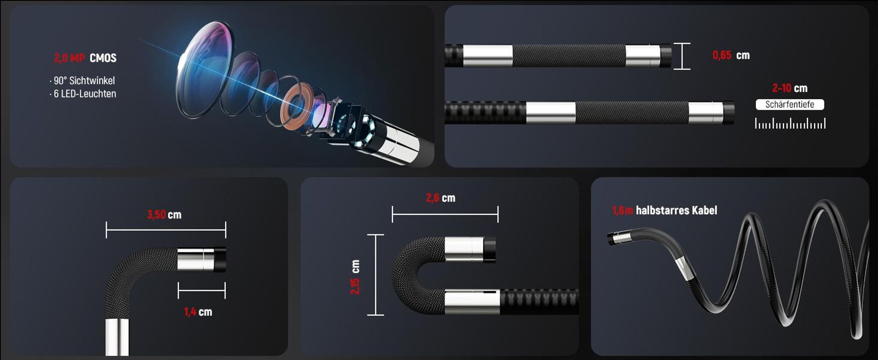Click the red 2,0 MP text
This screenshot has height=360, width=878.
69,58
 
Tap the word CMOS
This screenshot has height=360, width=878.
103,58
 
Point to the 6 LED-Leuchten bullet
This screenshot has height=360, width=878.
83,94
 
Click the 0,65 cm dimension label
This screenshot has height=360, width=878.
731,55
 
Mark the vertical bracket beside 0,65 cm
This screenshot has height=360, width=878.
682,56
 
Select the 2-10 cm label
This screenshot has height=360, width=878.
790,88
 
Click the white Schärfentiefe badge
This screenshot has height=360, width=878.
790,104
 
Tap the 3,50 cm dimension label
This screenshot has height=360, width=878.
164,215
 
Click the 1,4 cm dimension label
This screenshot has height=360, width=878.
198,312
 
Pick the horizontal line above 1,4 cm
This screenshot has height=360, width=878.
202,291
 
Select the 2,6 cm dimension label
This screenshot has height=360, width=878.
441,198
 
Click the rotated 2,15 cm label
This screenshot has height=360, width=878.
355,277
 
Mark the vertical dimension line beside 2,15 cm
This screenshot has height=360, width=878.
375,275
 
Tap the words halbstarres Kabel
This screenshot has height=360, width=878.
676,210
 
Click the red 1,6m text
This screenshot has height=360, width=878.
623,211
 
